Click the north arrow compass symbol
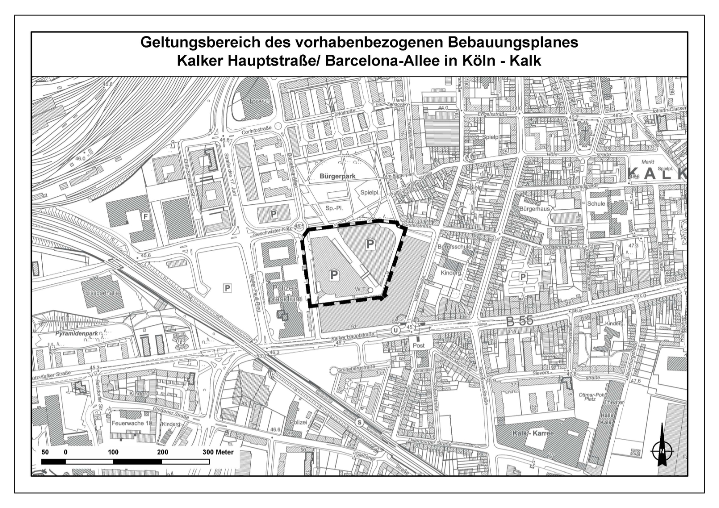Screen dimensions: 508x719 661,449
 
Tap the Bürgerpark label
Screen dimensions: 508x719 337,176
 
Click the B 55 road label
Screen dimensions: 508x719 519,321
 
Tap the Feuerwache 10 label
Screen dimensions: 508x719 132,423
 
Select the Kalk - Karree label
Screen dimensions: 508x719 533,433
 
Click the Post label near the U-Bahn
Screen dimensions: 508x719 418,345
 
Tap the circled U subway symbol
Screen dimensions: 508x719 395,330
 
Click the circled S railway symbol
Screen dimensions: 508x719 359,423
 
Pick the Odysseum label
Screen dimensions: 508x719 257,101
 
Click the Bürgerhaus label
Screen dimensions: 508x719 534,209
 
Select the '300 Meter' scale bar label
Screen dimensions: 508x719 218,452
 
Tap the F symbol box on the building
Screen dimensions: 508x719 145,217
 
